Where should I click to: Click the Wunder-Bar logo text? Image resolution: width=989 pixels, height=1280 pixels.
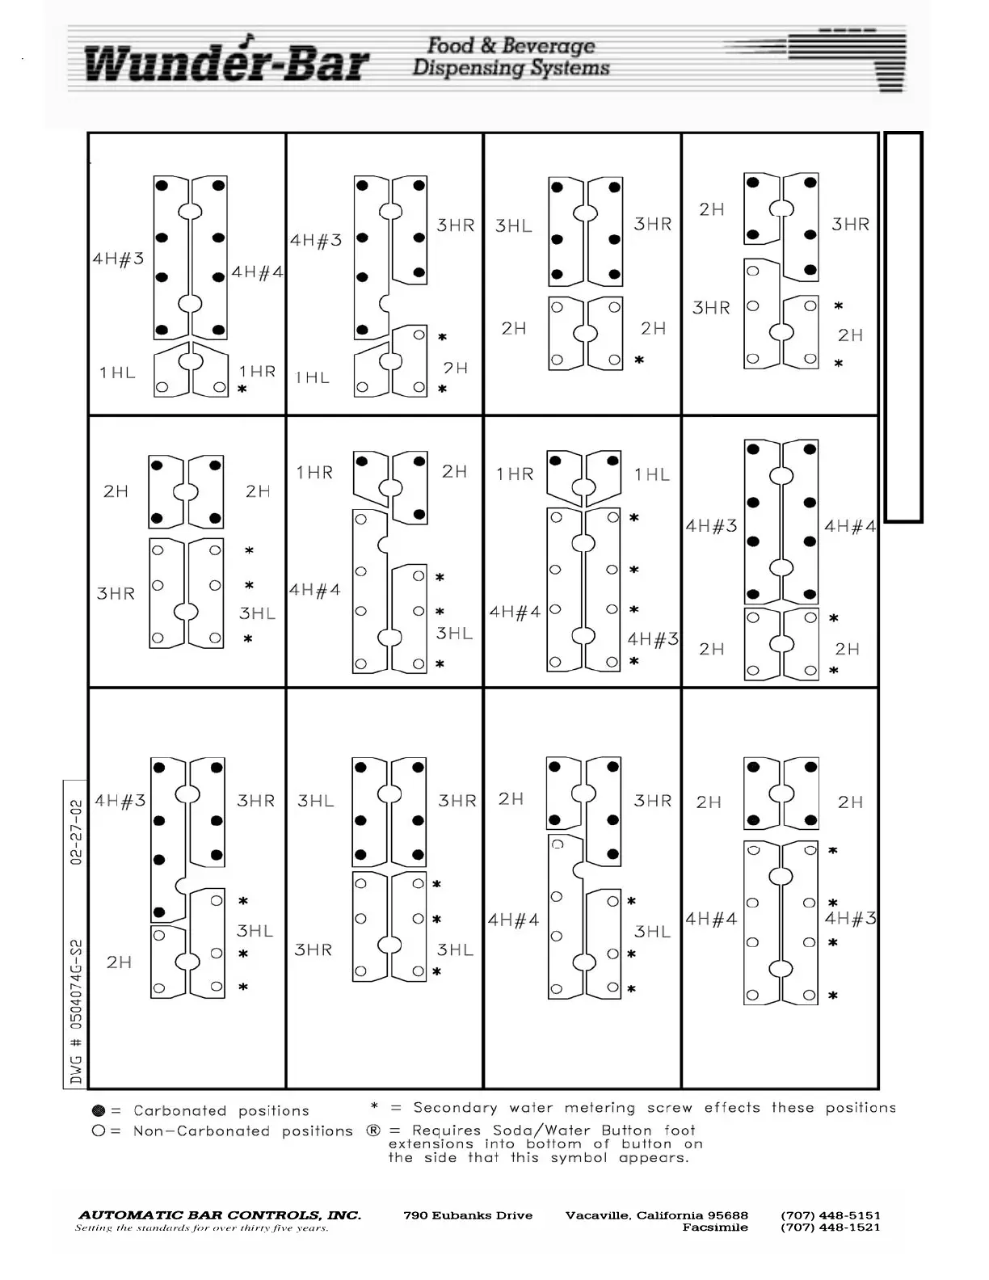[225, 61]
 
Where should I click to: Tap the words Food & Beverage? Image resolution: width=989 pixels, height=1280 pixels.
[511, 45]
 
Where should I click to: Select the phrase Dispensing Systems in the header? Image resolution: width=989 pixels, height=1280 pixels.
[511, 67]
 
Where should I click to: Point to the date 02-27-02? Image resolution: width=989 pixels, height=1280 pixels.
[76, 833]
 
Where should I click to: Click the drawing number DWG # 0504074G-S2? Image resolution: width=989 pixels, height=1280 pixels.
[76, 1011]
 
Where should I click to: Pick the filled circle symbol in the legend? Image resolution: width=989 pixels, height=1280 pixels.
[99, 1111]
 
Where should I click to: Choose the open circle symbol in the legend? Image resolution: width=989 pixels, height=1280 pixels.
[99, 1131]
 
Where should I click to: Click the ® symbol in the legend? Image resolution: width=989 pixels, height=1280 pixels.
[372, 1131]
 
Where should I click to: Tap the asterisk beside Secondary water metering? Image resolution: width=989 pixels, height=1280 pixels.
[374, 1107]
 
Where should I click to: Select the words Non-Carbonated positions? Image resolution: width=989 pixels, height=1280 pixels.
[242, 1131]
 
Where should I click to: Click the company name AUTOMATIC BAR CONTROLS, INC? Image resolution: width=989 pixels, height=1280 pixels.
[220, 1215]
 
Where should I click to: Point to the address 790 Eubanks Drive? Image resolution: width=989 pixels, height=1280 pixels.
[468, 1215]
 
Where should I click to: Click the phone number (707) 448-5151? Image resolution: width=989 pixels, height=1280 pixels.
[830, 1215]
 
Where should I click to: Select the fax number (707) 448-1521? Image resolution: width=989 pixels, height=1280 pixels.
[830, 1227]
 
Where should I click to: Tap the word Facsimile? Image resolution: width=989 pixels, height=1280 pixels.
[715, 1227]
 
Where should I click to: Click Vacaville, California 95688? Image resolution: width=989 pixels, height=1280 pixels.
[657, 1215]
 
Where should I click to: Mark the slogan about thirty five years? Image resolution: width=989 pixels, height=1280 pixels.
[202, 1228]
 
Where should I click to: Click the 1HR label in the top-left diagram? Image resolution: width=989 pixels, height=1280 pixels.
[257, 372]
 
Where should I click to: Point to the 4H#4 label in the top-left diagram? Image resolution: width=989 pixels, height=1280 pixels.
[257, 272]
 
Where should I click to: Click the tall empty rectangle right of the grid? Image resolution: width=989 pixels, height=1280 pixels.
[903, 326]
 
